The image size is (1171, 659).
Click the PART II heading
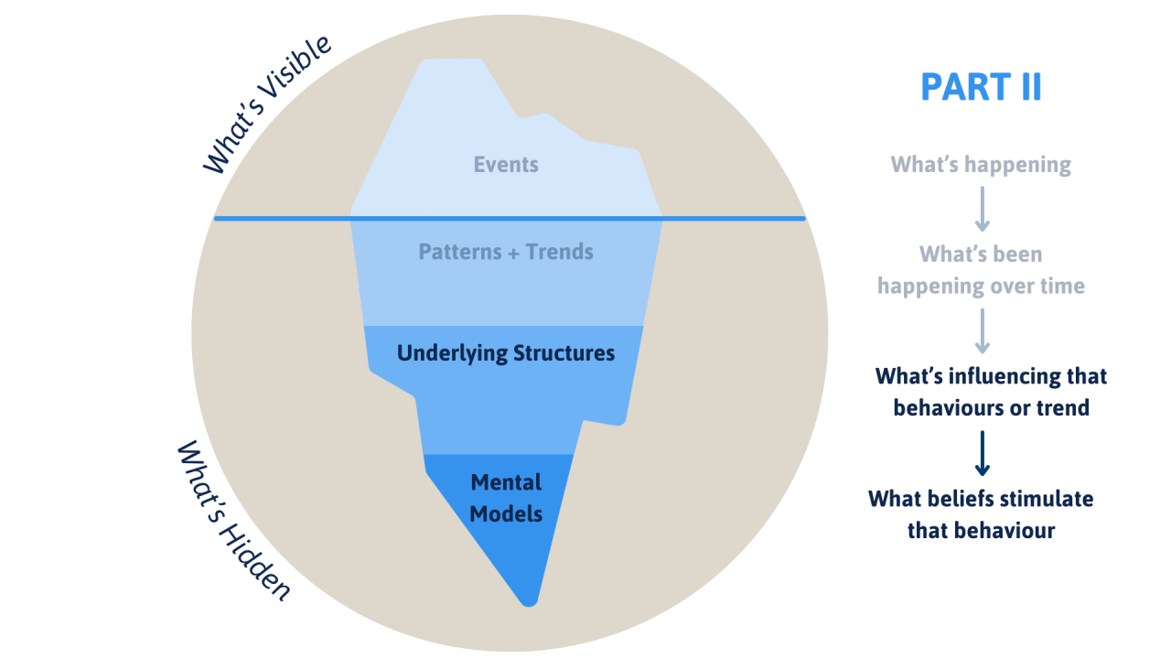(981, 88)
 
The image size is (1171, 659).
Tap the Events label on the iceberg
(506, 165)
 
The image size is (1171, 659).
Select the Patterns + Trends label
(506, 252)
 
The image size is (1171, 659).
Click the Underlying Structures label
(506, 353)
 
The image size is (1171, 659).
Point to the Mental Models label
(506, 498)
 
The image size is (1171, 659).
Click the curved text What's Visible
(266, 105)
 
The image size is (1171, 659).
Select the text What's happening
(981, 165)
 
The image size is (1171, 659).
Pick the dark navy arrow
(982, 453)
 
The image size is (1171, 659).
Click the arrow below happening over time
(982, 330)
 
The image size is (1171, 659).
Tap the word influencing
(1000, 376)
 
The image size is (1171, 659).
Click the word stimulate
(1040, 499)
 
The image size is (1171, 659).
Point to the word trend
(1064, 407)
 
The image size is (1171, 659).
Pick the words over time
(1038, 286)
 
